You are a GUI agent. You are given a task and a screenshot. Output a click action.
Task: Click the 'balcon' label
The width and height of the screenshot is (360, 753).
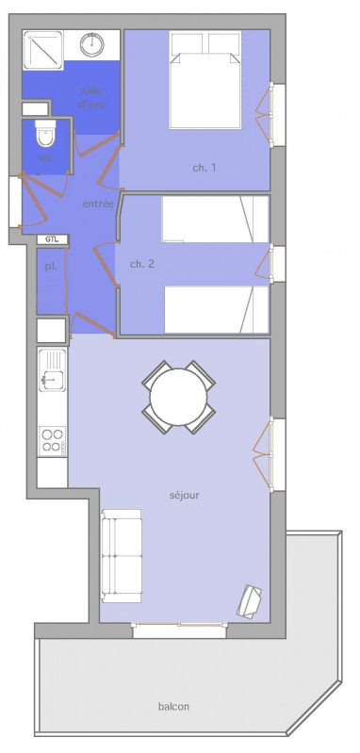click(174, 707)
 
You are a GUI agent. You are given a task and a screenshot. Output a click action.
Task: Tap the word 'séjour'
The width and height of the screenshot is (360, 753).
click(185, 494)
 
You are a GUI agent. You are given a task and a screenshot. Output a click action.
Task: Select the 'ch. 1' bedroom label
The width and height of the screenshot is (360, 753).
click(205, 168)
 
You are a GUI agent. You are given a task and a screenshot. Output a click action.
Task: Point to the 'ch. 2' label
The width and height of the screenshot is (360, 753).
click(142, 264)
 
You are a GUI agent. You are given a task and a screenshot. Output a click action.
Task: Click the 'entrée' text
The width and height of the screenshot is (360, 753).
click(98, 204)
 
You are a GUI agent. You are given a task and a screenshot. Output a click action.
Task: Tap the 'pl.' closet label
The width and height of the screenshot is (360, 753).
click(50, 267)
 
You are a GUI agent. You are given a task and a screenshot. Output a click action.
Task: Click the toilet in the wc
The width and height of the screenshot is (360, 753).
click(45, 136)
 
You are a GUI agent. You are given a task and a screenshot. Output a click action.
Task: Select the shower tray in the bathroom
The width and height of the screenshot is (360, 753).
click(42, 45)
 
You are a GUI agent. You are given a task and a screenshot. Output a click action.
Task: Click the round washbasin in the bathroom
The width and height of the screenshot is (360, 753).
click(91, 43)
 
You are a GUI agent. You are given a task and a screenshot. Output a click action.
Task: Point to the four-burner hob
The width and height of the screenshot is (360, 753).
click(52, 439)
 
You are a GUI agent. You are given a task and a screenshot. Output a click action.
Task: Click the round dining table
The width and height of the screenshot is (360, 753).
click(179, 397)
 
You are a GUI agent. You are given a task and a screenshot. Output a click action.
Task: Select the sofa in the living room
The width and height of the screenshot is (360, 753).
click(122, 555)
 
